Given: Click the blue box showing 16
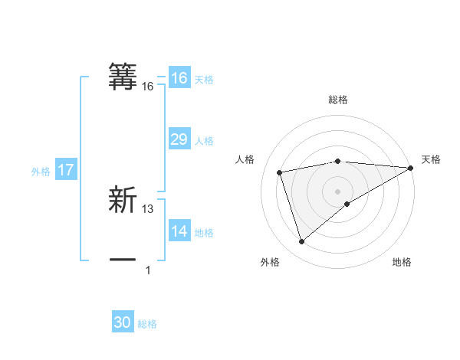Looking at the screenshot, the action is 179,78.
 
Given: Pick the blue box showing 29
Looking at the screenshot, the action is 179,139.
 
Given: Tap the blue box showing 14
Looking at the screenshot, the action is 179,231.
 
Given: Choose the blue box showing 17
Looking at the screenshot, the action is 66,170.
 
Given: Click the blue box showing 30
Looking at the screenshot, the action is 123,322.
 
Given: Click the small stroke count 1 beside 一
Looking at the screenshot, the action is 148,270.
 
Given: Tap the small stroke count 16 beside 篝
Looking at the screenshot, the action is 148,87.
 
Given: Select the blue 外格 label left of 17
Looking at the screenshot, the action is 41,172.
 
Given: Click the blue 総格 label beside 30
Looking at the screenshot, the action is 147,324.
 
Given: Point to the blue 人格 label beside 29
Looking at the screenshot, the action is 204,141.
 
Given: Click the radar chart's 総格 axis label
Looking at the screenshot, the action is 337,100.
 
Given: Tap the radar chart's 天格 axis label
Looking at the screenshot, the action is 431,159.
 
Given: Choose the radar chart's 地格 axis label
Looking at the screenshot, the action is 402,263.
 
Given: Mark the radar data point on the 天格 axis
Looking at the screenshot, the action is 411,168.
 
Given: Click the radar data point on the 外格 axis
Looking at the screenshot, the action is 301,242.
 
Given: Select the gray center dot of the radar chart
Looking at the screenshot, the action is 337,191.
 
